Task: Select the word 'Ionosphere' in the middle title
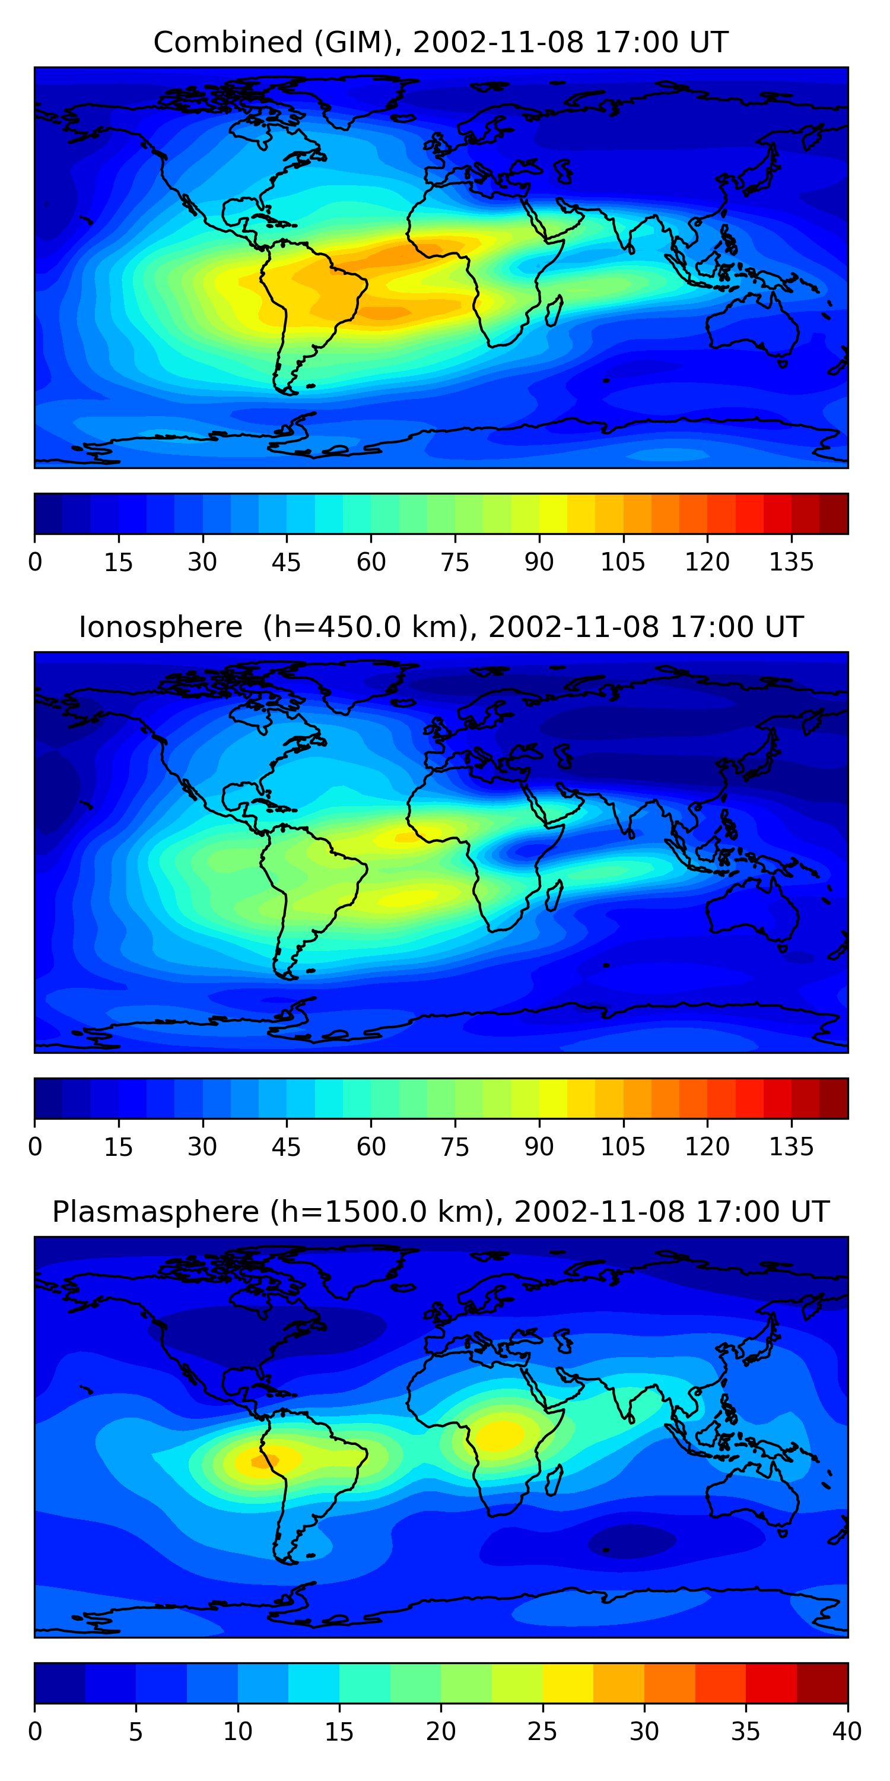[x=160, y=627]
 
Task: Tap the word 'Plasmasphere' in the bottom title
[x=155, y=1212]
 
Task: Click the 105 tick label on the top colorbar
[x=622, y=562]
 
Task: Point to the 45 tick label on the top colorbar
[x=286, y=562]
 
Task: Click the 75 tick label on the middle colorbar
[x=454, y=1147]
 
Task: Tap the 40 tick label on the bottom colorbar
[x=847, y=1732]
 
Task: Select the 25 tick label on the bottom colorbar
[x=542, y=1732]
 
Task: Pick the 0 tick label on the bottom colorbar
[x=35, y=1732]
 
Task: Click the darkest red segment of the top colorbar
[x=834, y=514]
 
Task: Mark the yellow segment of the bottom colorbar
[x=567, y=1683]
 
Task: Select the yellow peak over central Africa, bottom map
[x=501, y=1435]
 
